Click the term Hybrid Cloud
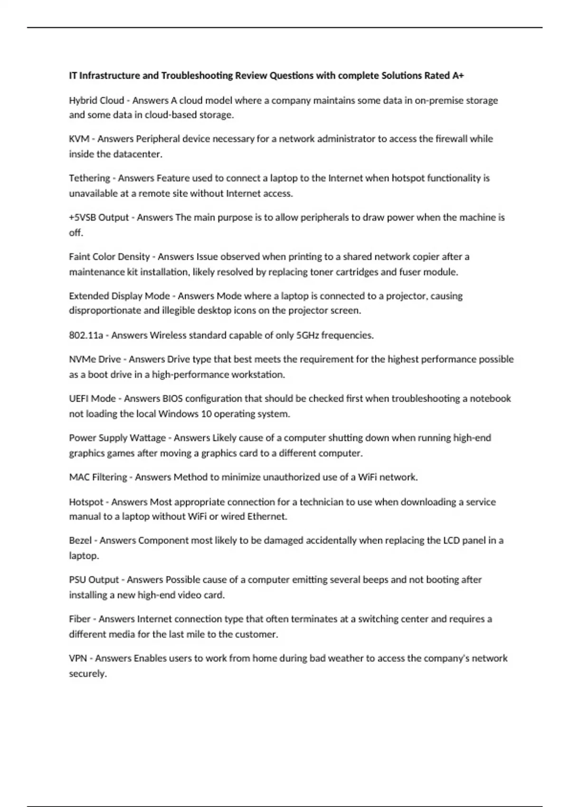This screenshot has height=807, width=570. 96,100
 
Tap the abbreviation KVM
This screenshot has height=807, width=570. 79,139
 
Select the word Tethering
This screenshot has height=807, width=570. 89,178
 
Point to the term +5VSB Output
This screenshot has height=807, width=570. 99,217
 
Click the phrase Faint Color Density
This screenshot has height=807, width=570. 109,257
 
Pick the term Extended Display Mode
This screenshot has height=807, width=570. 119,296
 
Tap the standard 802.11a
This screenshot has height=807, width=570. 86,335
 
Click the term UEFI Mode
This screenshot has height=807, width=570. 92,398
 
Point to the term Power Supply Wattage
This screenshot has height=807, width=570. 117,438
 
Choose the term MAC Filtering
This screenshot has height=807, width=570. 98,477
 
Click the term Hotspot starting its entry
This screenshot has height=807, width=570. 86,502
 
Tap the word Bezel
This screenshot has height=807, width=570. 80,540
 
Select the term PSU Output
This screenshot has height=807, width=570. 94,580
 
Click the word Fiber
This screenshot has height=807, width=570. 79,619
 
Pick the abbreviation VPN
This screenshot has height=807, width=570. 78,658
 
